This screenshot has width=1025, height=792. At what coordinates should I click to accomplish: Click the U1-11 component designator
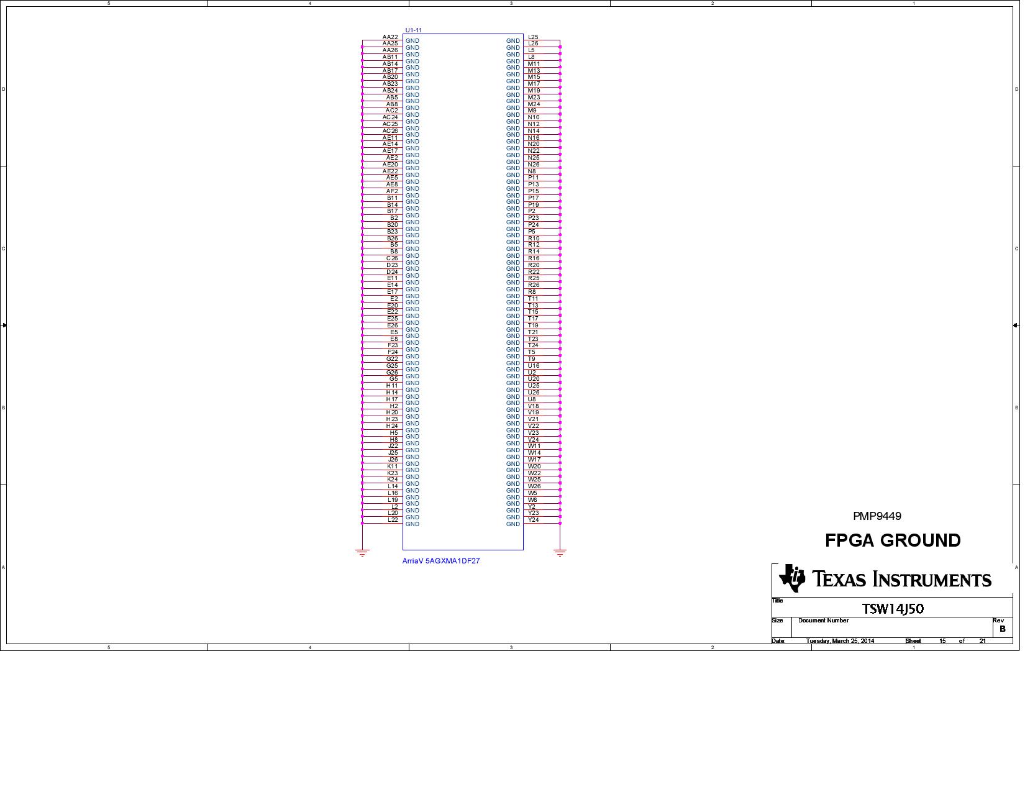[414, 30]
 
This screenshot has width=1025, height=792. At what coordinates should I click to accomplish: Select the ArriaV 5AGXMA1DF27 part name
[441, 561]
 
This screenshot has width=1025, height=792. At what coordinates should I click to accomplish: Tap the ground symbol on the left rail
[362, 552]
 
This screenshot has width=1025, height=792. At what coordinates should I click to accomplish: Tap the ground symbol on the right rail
[560, 552]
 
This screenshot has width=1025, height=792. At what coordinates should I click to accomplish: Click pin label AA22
[390, 37]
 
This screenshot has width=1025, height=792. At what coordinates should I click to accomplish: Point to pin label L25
[533, 37]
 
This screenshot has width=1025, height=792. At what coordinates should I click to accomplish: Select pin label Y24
[533, 520]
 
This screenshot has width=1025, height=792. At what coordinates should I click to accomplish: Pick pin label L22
[393, 520]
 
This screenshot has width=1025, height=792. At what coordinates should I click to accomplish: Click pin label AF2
[392, 191]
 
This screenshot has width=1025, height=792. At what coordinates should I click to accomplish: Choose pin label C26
[392, 258]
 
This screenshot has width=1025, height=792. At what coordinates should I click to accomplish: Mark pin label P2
[531, 211]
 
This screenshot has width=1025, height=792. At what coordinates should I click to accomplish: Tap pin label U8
[531, 399]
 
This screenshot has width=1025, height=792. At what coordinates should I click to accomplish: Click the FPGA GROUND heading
[893, 540]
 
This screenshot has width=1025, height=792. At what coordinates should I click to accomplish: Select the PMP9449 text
[877, 516]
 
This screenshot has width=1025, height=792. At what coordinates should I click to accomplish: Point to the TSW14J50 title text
[893, 609]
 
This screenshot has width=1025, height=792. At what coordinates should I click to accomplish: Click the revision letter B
[1002, 629]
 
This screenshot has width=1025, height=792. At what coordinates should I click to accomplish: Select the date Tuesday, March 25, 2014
[840, 641]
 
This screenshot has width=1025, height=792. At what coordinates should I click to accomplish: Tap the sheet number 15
[942, 641]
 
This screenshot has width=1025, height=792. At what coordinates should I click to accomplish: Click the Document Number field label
[823, 621]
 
